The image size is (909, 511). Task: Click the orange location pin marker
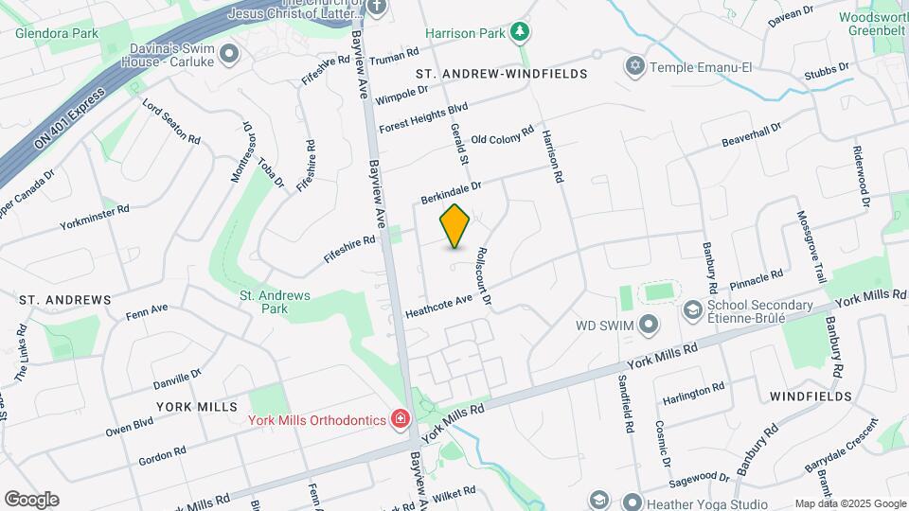tap(454, 225)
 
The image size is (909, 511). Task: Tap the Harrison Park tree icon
tap(519, 33)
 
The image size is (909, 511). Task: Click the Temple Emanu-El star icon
tap(634, 66)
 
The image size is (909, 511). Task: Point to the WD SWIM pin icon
tap(649, 326)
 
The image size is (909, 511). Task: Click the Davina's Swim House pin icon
tap(228, 55)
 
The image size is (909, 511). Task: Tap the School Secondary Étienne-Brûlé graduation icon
tap(692, 310)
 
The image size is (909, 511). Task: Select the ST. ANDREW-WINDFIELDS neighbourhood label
tap(502, 73)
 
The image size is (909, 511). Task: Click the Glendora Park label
tap(57, 33)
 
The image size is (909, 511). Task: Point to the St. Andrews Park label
tap(275, 302)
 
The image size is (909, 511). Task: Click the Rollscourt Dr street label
tap(484, 276)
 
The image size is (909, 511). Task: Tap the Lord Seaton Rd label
tap(171, 120)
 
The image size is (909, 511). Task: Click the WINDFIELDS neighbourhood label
tap(810, 396)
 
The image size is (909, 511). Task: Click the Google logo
tap(31, 499)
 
